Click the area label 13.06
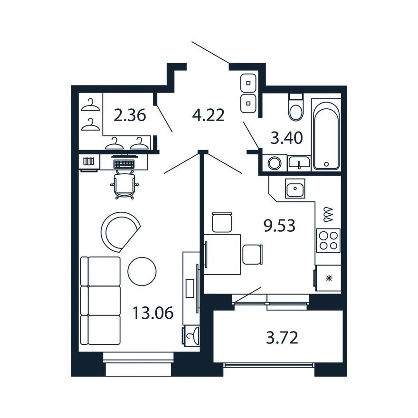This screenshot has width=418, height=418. click(x=153, y=313)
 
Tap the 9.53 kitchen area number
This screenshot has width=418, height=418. click(x=279, y=226)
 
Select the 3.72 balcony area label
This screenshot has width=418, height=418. click(x=282, y=338)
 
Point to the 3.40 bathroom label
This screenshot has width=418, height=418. click(x=286, y=138)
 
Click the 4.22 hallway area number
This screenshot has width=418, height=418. click(x=208, y=115)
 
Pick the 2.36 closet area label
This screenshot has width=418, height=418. click(x=130, y=115)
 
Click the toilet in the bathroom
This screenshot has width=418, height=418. click(x=296, y=107)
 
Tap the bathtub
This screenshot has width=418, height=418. click(x=326, y=136)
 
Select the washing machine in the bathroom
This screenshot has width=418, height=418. click(x=275, y=162)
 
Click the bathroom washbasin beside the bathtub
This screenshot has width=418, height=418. click(x=299, y=162)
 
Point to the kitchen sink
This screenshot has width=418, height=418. click(x=295, y=188)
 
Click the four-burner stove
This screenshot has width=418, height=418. click(x=328, y=240)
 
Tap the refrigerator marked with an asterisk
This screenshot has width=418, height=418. click(x=327, y=278)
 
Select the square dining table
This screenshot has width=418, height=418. click(x=222, y=254)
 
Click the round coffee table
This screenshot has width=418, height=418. click(x=142, y=271)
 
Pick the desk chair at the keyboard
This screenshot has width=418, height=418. click(x=124, y=184)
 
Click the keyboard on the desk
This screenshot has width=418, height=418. click(x=124, y=163)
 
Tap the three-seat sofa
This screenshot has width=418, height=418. click(x=100, y=301)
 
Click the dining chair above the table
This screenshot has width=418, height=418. click(x=222, y=222)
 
